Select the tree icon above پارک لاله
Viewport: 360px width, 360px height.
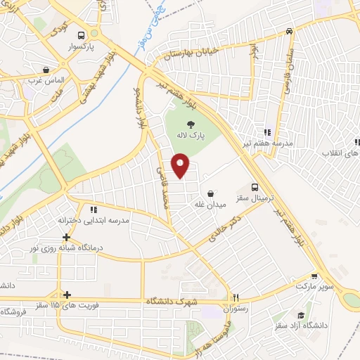[x=192, y=124]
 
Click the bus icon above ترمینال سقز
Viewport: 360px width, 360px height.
[x=255, y=188]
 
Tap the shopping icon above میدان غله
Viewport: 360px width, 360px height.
[x=210, y=193]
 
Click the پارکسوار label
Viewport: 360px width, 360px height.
[x=82, y=47]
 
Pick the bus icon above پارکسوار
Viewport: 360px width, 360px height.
[x=82, y=35]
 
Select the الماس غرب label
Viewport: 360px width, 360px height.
[x=46, y=82]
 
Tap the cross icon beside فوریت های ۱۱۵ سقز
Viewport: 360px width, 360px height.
[x=66, y=295]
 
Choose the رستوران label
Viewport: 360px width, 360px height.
[x=236, y=308]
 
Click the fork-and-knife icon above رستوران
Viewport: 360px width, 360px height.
[x=236, y=297]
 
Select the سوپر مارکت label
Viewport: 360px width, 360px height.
[x=313, y=287]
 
